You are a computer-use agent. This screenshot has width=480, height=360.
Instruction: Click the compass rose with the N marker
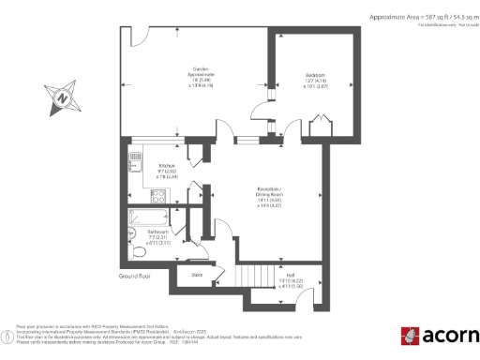click(61, 96)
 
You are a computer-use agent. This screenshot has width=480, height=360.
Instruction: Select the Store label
click(197, 275)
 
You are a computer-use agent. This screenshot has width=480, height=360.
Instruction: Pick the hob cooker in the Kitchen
click(158, 198)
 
